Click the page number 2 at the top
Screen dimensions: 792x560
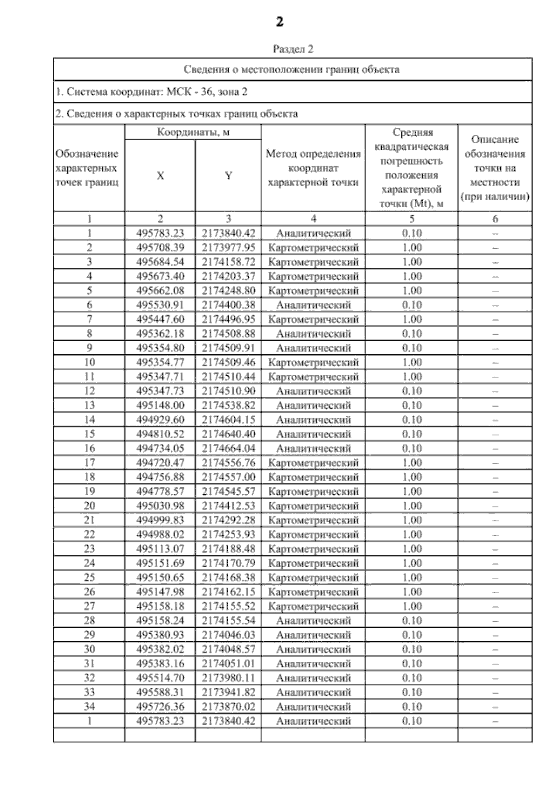pyautogui.click(x=279, y=22)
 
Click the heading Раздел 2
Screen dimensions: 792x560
pyautogui.click(x=293, y=49)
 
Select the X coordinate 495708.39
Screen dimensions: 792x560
pyautogui.click(x=160, y=247)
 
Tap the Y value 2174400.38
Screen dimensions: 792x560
pyautogui.click(x=228, y=305)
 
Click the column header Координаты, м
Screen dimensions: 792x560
pyautogui.click(x=193, y=132)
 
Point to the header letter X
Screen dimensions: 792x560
pyautogui.click(x=160, y=176)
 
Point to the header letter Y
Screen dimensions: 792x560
pyautogui.click(x=228, y=176)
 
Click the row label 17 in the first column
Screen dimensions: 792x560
pyautogui.click(x=89, y=463)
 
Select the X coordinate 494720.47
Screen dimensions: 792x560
pyautogui.click(x=160, y=463)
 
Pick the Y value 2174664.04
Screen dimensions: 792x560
pyautogui.click(x=228, y=448)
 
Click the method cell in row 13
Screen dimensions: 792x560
pyautogui.click(x=313, y=405)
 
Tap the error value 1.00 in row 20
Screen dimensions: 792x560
pyautogui.click(x=412, y=505)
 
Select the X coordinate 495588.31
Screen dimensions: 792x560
pyautogui.click(x=160, y=692)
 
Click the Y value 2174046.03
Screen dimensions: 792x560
pyautogui.click(x=228, y=635)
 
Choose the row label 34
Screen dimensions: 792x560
pyautogui.click(x=89, y=706)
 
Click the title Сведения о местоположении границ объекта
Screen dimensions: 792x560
pyautogui.click(x=292, y=70)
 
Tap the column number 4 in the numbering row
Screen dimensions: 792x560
pyautogui.click(x=313, y=218)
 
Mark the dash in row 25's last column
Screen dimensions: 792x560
pyautogui.click(x=495, y=578)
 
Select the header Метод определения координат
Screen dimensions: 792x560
pyautogui.click(x=313, y=161)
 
